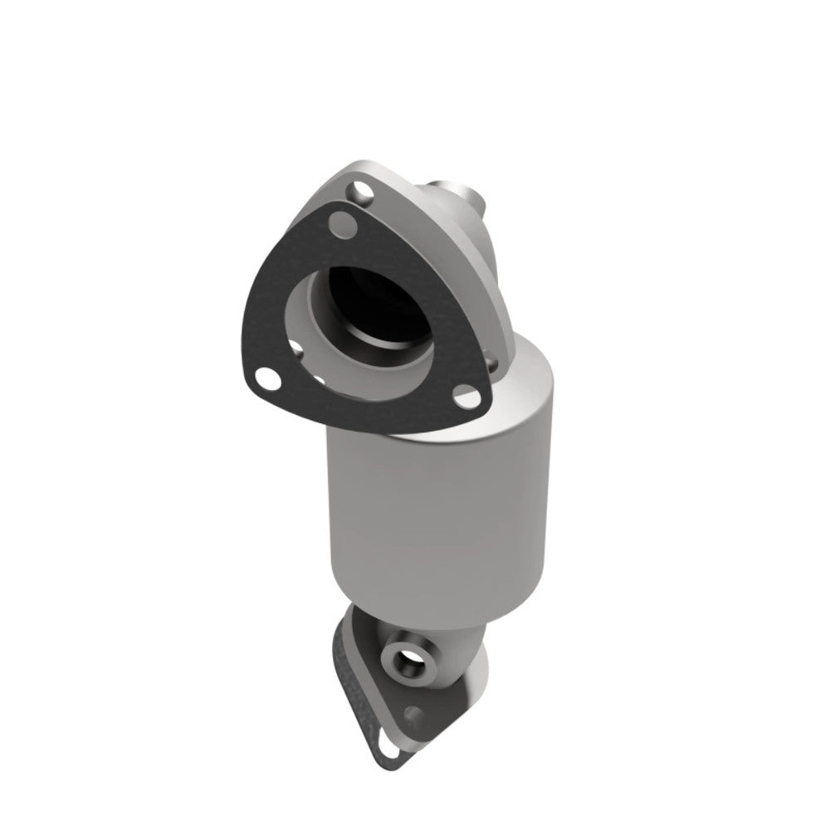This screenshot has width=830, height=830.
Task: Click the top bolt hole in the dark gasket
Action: (x=338, y=222)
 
